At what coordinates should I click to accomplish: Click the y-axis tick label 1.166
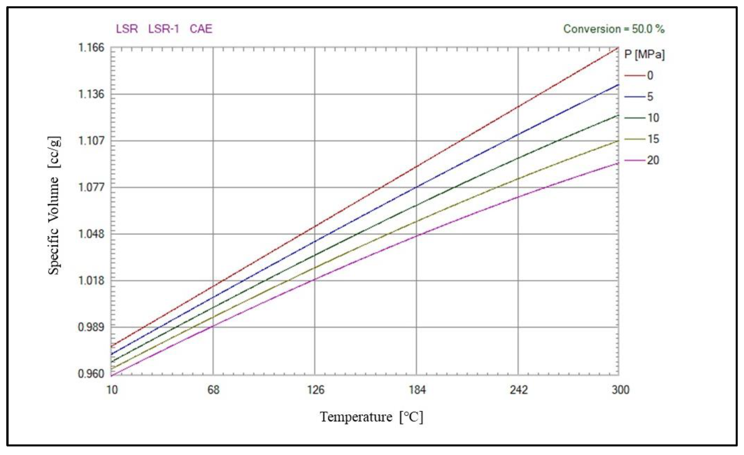pyautogui.click(x=91, y=48)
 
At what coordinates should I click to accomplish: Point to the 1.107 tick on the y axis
pyautogui.click(x=91, y=141)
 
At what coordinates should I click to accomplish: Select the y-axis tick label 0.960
pyautogui.click(x=91, y=374)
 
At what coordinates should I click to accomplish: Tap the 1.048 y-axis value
pyautogui.click(x=91, y=234)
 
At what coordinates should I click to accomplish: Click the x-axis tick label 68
pyautogui.click(x=213, y=390)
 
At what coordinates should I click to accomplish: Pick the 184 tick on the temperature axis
pyautogui.click(x=417, y=390)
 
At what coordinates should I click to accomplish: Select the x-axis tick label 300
pyautogui.click(x=620, y=390)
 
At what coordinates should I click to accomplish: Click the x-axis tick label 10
pyautogui.click(x=112, y=390)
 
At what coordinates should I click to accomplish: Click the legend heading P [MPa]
pyautogui.click(x=644, y=55)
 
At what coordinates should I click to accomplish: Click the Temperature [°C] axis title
pyautogui.click(x=371, y=417)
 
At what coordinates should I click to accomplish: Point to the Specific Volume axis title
pyautogui.click(x=54, y=206)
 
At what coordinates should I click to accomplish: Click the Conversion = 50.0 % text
pyautogui.click(x=614, y=29)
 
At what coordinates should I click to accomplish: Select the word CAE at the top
pyautogui.click(x=201, y=29)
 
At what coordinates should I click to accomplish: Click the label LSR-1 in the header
pyautogui.click(x=163, y=29)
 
